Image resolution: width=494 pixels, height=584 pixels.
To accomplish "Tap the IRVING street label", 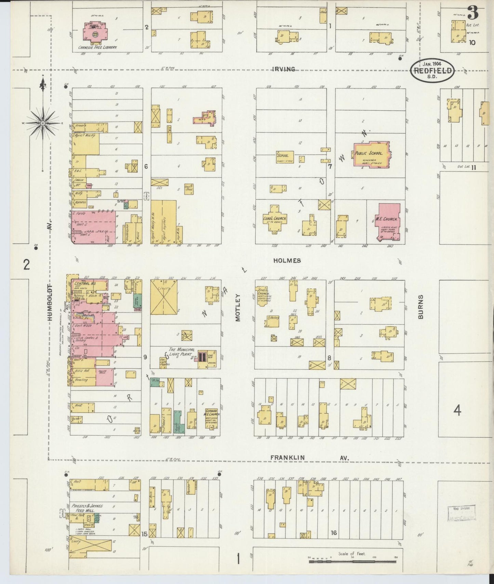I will pyautogui.click(x=284, y=69).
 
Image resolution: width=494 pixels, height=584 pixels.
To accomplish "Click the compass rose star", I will pyautogui.click(x=43, y=122).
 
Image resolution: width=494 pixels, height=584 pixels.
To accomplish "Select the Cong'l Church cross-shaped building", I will pyautogui.click(x=274, y=219).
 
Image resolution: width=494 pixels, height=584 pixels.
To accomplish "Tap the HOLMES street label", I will pyautogui.click(x=287, y=261).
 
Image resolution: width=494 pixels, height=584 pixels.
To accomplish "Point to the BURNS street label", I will pyautogui.click(x=420, y=307).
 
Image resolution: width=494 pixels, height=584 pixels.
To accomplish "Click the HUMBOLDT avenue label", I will pyautogui.click(x=50, y=302).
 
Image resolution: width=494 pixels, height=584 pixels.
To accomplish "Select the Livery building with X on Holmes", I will pyautogui.click(x=163, y=297).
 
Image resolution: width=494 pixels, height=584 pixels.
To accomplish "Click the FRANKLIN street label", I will pyautogui.click(x=287, y=458).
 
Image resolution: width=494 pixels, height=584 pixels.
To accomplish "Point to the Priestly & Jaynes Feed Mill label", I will pyautogui.click(x=90, y=508).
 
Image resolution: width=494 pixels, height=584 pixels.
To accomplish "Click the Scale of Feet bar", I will pyautogui.click(x=352, y=561).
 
